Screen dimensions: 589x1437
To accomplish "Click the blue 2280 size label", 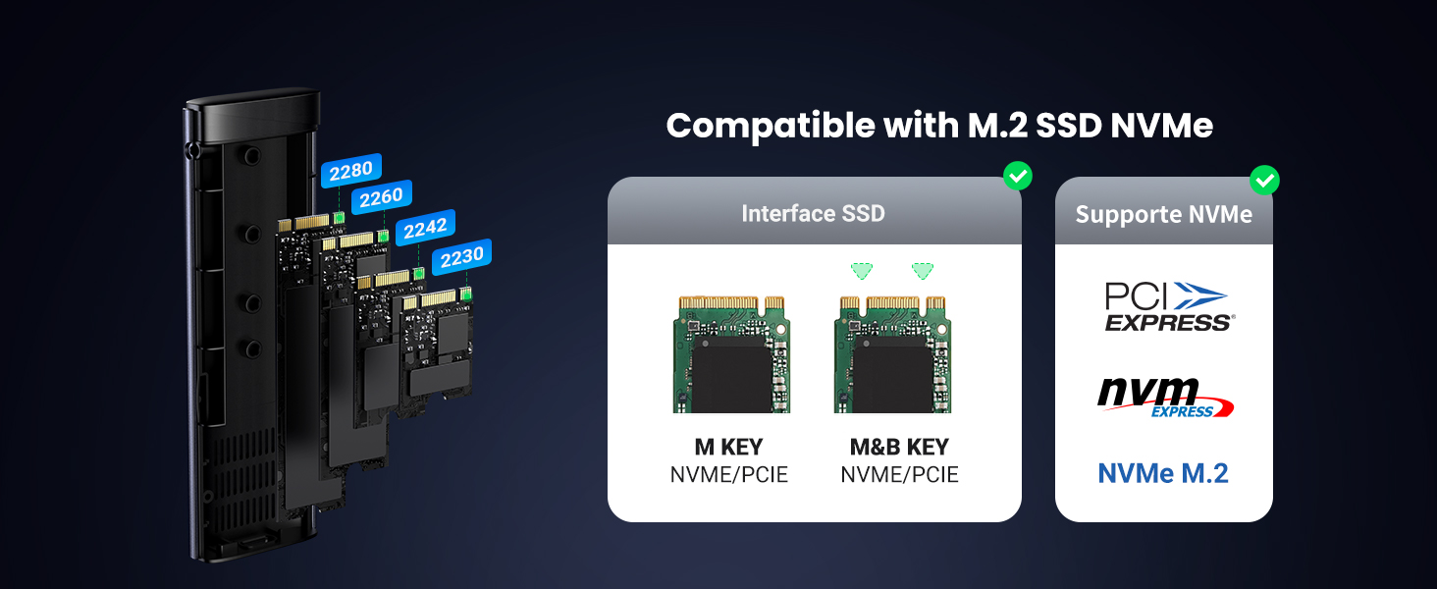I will pos(350,171).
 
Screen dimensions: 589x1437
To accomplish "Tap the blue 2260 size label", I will pos(381,198).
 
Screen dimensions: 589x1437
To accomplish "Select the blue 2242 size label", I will pos(425,228).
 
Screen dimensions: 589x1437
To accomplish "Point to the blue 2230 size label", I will pos(461,257).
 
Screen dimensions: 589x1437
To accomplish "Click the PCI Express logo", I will pos(1164,307).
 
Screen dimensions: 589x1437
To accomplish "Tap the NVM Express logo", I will pos(1164,397).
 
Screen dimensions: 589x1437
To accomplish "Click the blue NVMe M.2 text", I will pos(1163,473).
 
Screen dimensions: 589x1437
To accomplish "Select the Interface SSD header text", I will pos(813,213).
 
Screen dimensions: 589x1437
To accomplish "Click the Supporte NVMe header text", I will pos(1163,215).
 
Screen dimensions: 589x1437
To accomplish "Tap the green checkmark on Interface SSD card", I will pos(1018,177).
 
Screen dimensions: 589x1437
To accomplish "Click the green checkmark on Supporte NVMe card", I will pos(1264,180).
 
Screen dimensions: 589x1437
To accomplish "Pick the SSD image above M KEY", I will pos(730,353).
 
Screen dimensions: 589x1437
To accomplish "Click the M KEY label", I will pos(728,448).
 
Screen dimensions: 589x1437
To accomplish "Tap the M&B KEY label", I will pos(899,448).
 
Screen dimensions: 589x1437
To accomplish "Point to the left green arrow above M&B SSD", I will pos(861,270).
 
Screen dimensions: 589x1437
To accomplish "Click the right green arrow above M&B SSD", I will pos(923,270).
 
